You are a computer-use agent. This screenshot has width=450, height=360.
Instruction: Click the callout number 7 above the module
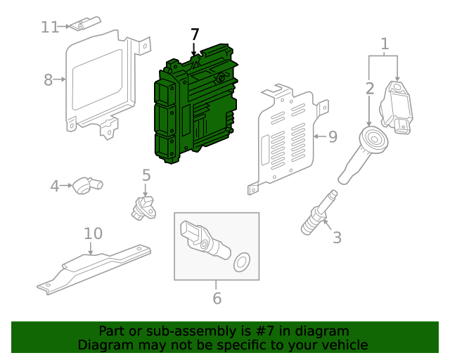[195, 34]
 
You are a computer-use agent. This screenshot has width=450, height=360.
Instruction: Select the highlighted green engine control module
[197, 105]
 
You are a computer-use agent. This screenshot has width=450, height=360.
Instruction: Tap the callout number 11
[50, 27]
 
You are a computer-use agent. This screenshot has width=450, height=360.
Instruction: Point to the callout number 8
[48, 79]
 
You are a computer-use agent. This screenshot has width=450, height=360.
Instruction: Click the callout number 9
[333, 136]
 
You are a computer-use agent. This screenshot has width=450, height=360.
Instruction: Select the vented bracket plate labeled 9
[285, 137]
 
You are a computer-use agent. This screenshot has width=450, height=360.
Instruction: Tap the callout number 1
[385, 45]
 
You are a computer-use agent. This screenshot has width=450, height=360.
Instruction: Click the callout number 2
[370, 89]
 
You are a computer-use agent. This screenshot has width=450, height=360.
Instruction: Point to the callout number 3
[337, 238]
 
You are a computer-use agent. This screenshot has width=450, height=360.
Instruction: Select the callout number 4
[55, 186]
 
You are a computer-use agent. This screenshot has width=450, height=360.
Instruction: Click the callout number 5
[146, 174]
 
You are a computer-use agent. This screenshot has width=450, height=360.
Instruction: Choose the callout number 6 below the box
[217, 298]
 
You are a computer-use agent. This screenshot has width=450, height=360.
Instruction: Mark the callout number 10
[94, 233]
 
